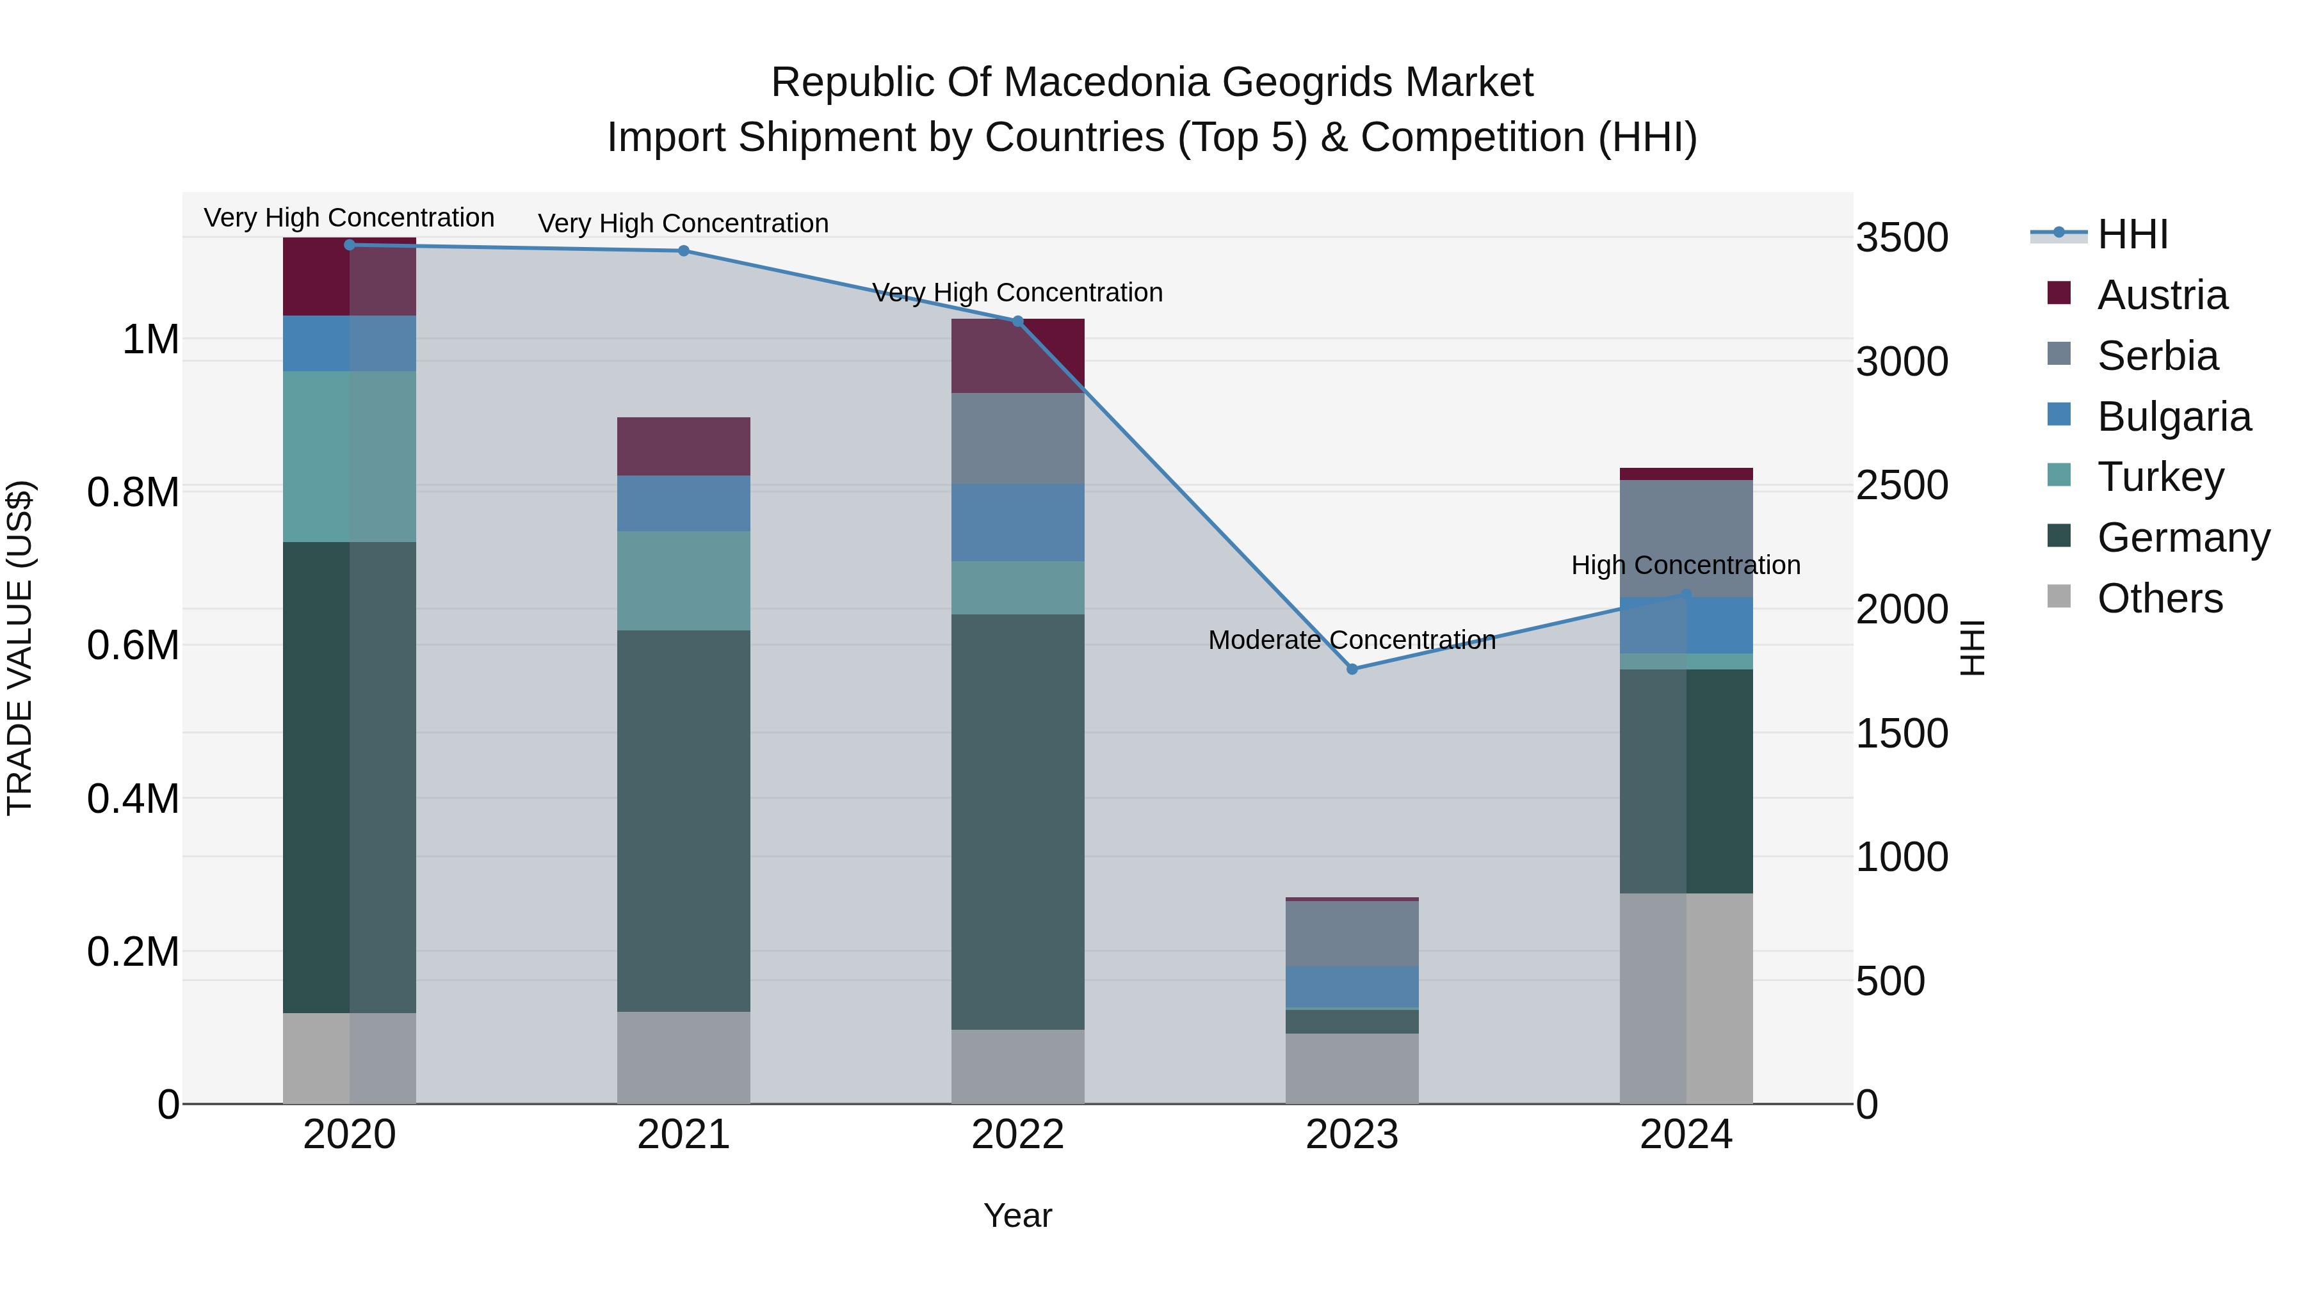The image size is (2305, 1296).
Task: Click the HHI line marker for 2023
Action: coord(1352,669)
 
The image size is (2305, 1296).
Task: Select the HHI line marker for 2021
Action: coord(684,250)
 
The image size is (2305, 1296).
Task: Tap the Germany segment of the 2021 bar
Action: coord(684,820)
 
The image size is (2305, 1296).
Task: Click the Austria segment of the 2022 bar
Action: coord(1017,356)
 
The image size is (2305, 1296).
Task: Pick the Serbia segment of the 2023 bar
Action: coord(1352,933)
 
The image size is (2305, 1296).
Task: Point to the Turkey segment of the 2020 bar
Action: coord(349,456)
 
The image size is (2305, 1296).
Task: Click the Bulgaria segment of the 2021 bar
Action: coord(684,504)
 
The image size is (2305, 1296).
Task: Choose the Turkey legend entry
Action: coord(2160,477)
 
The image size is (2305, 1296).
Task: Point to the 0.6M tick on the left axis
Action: coord(133,646)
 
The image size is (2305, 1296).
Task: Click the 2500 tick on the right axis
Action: coord(1902,486)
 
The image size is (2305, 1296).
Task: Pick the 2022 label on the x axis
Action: coord(1017,1135)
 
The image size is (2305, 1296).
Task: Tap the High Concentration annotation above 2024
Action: coord(1686,565)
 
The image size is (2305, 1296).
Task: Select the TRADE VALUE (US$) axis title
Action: coord(20,648)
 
